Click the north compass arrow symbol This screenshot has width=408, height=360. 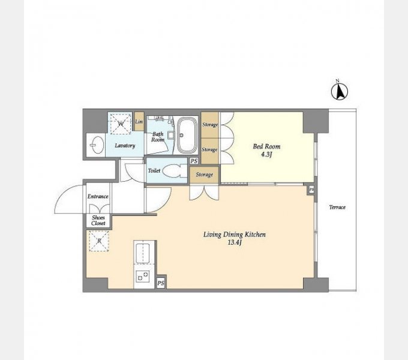coord(340,92)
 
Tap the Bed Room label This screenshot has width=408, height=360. coord(267,146)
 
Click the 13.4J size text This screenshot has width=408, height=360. coord(235,242)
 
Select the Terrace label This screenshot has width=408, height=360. coord(337,208)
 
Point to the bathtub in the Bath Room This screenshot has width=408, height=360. coord(187,135)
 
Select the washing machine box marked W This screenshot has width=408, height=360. coord(121,123)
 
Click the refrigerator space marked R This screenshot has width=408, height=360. coord(99,241)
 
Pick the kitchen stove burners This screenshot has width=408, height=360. coord(143,276)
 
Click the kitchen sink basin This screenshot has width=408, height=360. coord(143,254)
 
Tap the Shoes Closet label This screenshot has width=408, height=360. coord(98,220)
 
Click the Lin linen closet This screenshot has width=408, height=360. coord(139,121)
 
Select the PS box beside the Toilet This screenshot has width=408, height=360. coord(194,161)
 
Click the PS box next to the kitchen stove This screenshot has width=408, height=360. coord(161,283)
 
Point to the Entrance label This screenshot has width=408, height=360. coord(98,196)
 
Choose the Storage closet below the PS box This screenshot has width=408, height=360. coord(204,175)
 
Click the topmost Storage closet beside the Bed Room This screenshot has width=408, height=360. coord(210,125)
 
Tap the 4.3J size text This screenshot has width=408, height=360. coord(266,155)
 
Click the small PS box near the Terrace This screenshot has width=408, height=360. coord(311,190)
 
